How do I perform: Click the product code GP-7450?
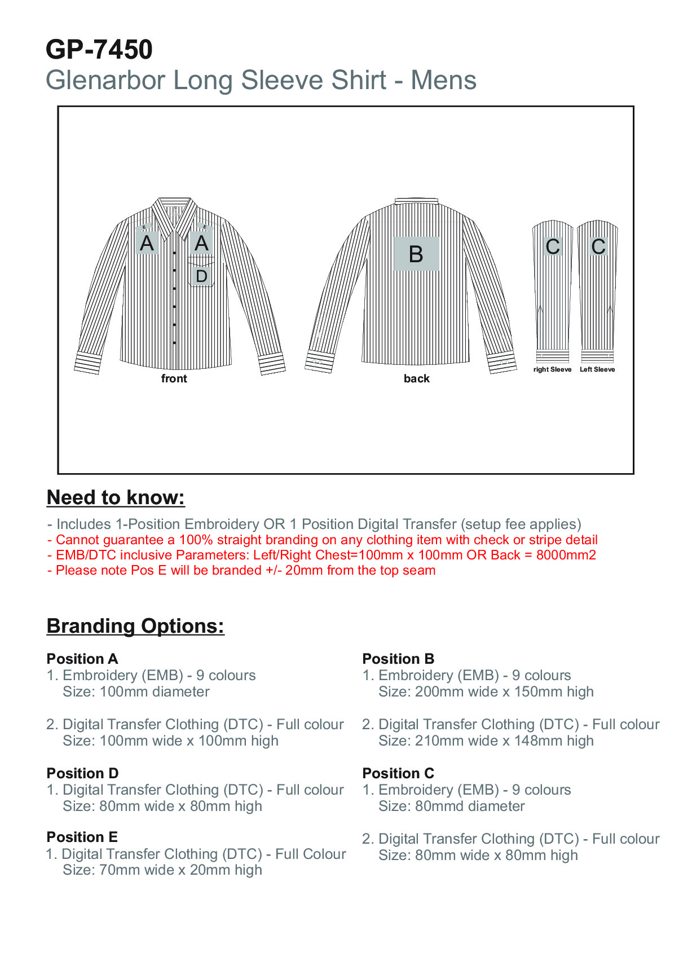coord(99,50)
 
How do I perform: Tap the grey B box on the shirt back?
coord(416,254)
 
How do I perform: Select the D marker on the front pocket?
coord(201,276)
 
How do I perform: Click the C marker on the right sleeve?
coord(553,246)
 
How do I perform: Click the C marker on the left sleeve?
coord(598,246)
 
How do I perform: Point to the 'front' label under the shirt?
coord(174,378)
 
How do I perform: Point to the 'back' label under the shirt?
coord(416,378)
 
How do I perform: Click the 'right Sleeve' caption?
coord(552,369)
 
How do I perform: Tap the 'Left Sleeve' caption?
coord(597,369)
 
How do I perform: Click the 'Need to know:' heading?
coord(116,497)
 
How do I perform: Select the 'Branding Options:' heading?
coord(135,626)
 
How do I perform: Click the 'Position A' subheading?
coord(82,659)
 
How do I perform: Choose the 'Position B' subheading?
coord(398,659)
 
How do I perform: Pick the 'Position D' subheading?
coord(82,773)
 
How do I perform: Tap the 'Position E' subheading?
coord(82,837)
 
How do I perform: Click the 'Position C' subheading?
coord(398,773)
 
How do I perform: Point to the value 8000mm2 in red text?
coord(566,555)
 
